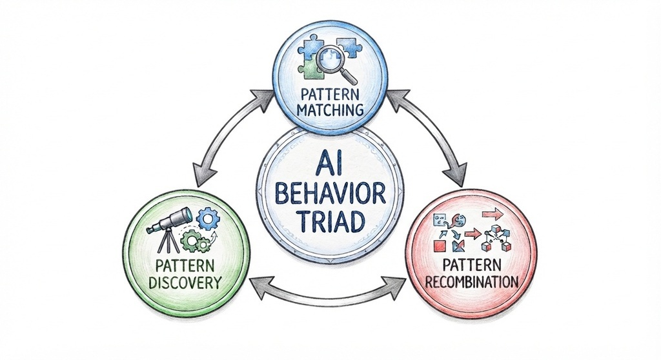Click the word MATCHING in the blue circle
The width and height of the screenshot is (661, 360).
tap(330, 110)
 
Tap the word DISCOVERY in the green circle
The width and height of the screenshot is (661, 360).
tap(185, 283)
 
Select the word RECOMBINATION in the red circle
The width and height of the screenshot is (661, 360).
tap(471, 281)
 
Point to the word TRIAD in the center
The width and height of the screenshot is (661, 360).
tap(330, 221)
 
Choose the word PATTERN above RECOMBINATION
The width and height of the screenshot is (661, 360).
tap(472, 265)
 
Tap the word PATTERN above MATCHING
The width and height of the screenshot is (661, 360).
tap(330, 94)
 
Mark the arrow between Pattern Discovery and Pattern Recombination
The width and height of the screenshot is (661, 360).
tap(328, 292)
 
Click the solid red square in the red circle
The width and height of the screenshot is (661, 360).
tap(440, 246)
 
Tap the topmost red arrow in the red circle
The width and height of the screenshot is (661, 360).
tap(493, 215)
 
